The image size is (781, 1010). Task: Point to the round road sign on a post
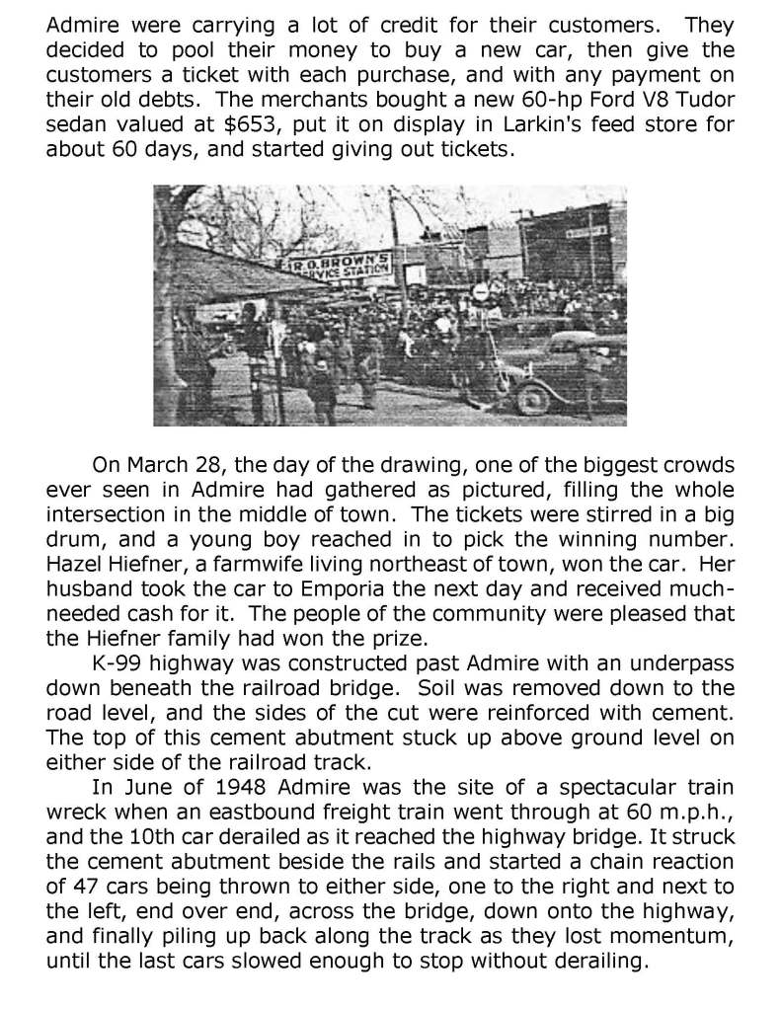pyautogui.click(x=480, y=292)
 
